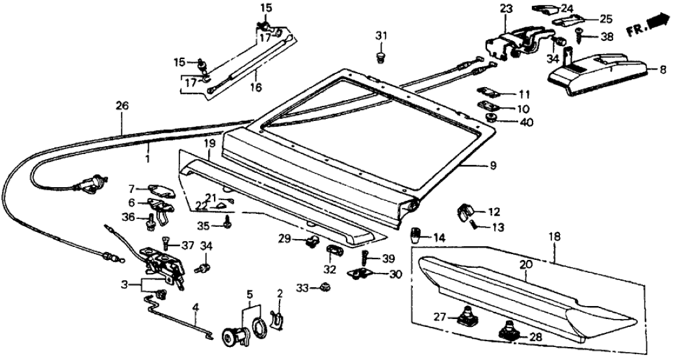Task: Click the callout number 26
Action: point(122,105)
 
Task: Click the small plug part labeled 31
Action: point(380,58)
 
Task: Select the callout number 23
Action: point(506,10)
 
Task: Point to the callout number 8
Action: point(663,68)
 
